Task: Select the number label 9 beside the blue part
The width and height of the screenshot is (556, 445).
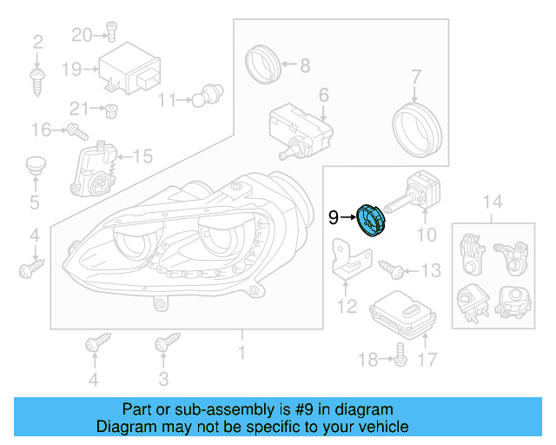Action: [x=334, y=218]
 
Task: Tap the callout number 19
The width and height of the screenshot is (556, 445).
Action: [x=70, y=69]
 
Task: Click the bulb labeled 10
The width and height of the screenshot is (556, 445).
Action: [x=420, y=193]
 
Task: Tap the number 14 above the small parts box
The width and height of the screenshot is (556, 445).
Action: [x=492, y=203]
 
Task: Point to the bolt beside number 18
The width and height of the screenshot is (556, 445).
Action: [x=400, y=351]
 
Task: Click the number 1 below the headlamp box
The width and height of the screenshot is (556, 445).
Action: [x=242, y=353]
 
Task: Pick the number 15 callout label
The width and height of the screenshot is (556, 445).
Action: [x=142, y=157]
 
